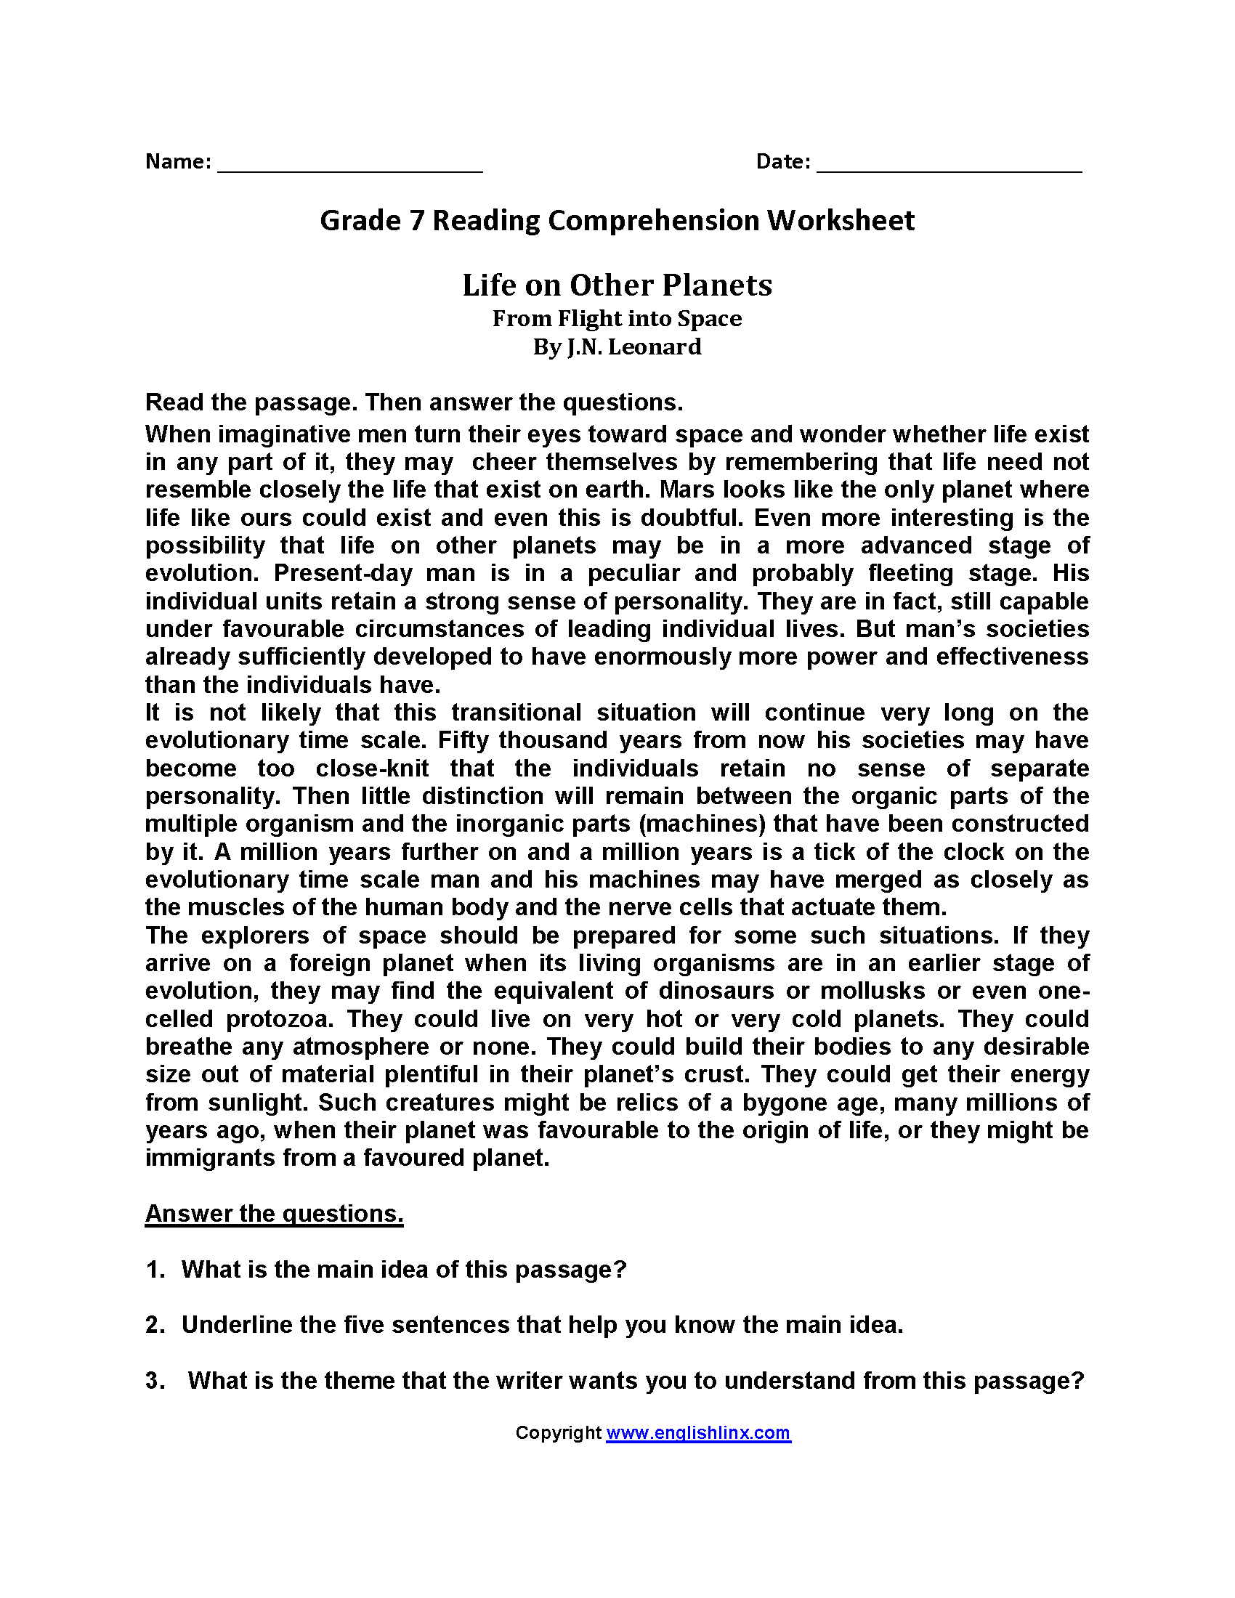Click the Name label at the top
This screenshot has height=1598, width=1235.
(178, 162)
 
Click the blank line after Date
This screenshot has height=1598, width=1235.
(949, 170)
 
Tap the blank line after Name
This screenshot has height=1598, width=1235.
(349, 170)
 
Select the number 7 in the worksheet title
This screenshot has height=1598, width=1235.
(416, 221)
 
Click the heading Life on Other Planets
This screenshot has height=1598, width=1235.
(617, 285)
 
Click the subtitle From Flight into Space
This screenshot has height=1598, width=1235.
(617, 319)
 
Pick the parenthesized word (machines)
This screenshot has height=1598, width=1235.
(702, 824)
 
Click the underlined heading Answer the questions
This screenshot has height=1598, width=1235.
(275, 1214)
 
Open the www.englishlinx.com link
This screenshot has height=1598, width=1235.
(698, 1433)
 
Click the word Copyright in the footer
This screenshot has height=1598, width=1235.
(557, 1433)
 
